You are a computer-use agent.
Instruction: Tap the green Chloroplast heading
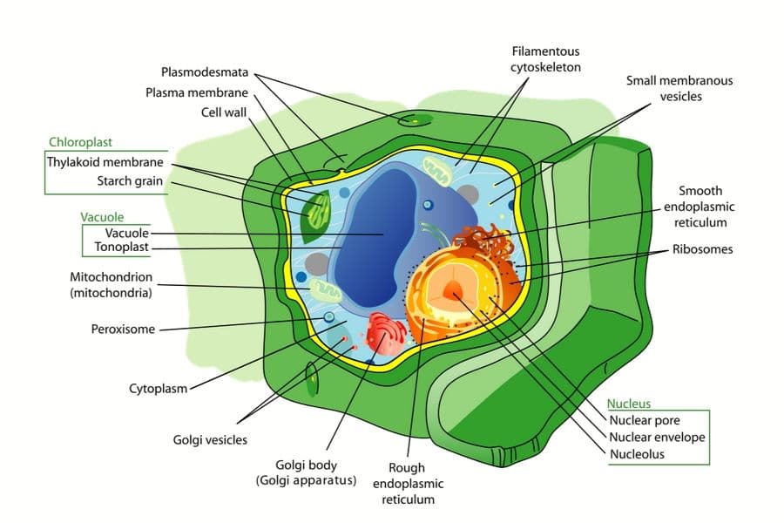(80, 142)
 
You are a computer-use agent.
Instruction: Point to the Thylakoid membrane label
(105, 162)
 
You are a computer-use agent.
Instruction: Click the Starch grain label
(129, 181)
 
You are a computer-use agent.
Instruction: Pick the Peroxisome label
(123, 329)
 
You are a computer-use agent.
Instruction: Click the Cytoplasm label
(158, 388)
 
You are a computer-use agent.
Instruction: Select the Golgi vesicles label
(210, 440)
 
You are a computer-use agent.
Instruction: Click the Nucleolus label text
(637, 454)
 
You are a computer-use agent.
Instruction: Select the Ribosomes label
(702, 249)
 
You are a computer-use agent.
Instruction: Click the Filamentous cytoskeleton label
(545, 59)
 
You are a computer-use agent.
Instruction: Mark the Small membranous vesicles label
(679, 88)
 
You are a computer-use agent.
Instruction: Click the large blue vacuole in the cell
(383, 235)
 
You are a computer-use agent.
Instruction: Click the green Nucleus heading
(629, 404)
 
